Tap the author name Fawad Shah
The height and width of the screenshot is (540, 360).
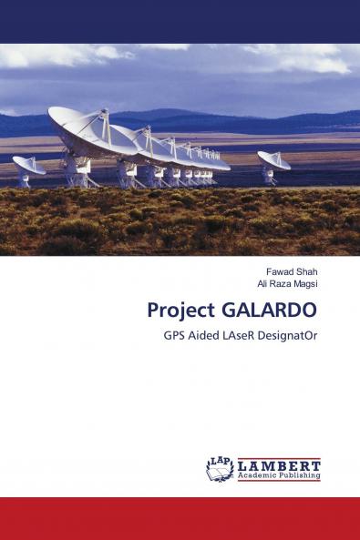pos(292,271)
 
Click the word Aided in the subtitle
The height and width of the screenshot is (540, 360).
pos(210,334)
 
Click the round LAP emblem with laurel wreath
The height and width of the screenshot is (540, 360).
pos(220,468)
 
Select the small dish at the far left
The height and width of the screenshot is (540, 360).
pos(27,167)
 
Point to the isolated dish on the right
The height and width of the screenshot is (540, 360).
pos(273,161)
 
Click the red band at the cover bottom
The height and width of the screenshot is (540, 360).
pos(180,518)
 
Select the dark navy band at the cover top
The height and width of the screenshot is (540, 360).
pos(180,21)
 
